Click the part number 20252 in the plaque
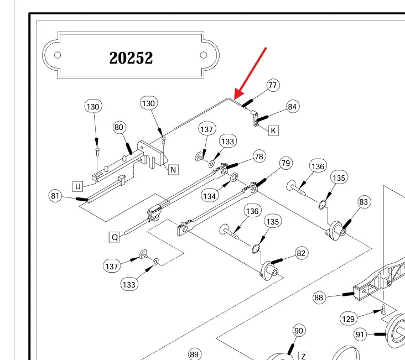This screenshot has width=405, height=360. (x=131, y=58)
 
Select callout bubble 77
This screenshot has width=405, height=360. (x=272, y=85)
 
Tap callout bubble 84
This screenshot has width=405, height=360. (x=292, y=106)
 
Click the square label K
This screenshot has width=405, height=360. (x=273, y=131)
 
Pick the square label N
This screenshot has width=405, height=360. (x=173, y=170)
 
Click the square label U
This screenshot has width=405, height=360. (x=79, y=185)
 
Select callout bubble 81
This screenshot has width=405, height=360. (x=55, y=196)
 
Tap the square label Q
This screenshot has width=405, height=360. (x=115, y=237)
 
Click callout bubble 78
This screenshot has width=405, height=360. (x=259, y=156)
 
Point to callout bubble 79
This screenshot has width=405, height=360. (x=285, y=163)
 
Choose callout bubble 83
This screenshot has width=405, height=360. (x=364, y=202)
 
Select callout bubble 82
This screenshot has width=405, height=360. (x=301, y=253)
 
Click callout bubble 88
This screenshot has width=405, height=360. (x=319, y=298)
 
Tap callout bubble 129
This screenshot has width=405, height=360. (x=348, y=319)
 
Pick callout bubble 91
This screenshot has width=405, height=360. (x=361, y=334)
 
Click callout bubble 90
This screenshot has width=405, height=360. (x=299, y=331)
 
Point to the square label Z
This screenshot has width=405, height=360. (x=303, y=355)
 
